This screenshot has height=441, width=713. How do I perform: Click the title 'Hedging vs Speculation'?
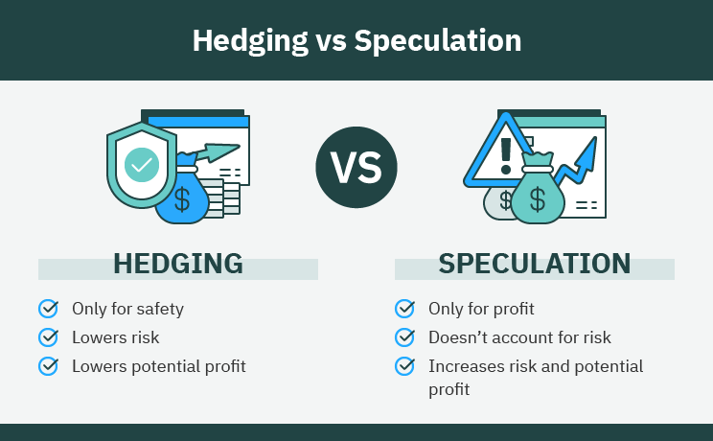(356, 41)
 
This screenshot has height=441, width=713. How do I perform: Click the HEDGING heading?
(178, 264)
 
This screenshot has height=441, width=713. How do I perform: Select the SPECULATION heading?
(535, 264)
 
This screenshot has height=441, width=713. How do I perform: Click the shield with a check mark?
(142, 164)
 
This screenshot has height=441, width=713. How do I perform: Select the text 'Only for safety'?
(127, 309)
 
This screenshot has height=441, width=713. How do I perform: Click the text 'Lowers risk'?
(115, 337)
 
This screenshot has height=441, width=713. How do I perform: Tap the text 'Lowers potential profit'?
(159, 366)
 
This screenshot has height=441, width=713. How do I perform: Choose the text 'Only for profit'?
(481, 309)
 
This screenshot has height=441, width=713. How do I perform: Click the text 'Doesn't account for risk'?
(519, 337)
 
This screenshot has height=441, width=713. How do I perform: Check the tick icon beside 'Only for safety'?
(48, 309)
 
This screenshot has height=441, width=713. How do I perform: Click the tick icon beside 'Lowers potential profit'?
(48, 366)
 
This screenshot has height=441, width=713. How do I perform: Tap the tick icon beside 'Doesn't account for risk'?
(404, 337)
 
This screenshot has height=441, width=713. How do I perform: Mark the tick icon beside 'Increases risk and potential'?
(404, 366)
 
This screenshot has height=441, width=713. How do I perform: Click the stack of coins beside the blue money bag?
(227, 199)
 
